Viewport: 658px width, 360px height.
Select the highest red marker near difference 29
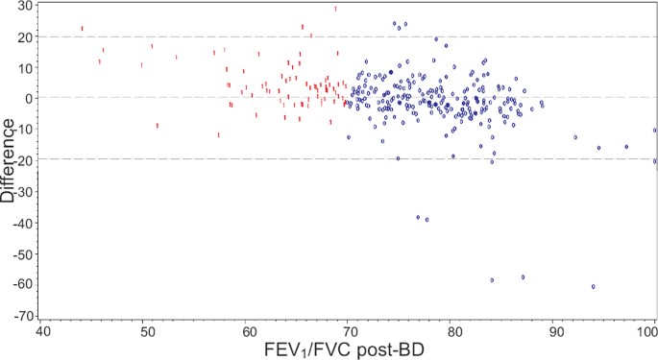[335, 9]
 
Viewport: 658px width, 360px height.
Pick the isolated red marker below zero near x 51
[158, 126]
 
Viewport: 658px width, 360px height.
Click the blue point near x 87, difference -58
[523, 276]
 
